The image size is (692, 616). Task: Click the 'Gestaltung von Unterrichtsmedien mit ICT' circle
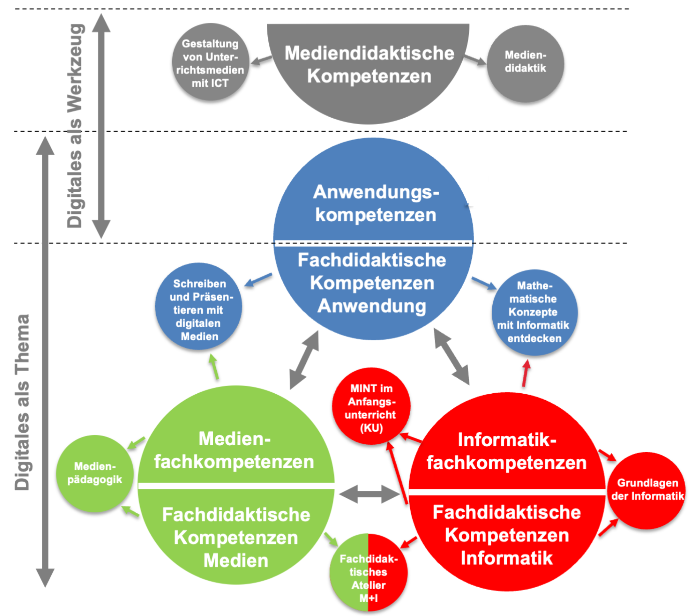click(210, 63)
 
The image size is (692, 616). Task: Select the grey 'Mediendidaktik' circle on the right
click(525, 63)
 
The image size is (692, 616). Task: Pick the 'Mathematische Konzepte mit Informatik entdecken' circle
click(534, 312)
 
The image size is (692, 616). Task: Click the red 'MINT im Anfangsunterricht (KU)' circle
click(371, 407)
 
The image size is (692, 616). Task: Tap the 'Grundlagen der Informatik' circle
click(647, 489)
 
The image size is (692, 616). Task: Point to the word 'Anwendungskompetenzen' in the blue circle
click(375, 203)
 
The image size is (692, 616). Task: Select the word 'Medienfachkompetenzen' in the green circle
click(235, 450)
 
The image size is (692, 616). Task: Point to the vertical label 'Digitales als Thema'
click(22, 402)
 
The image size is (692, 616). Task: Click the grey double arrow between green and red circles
click(370, 494)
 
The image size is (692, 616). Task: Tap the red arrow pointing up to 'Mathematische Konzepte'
click(526, 373)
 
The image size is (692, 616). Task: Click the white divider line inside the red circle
click(507, 492)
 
